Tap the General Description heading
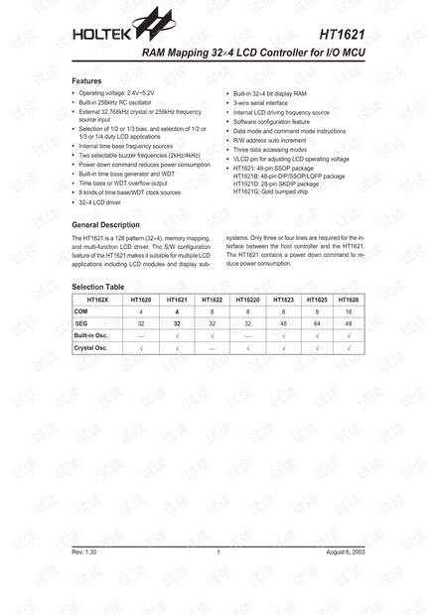pos(113,225)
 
